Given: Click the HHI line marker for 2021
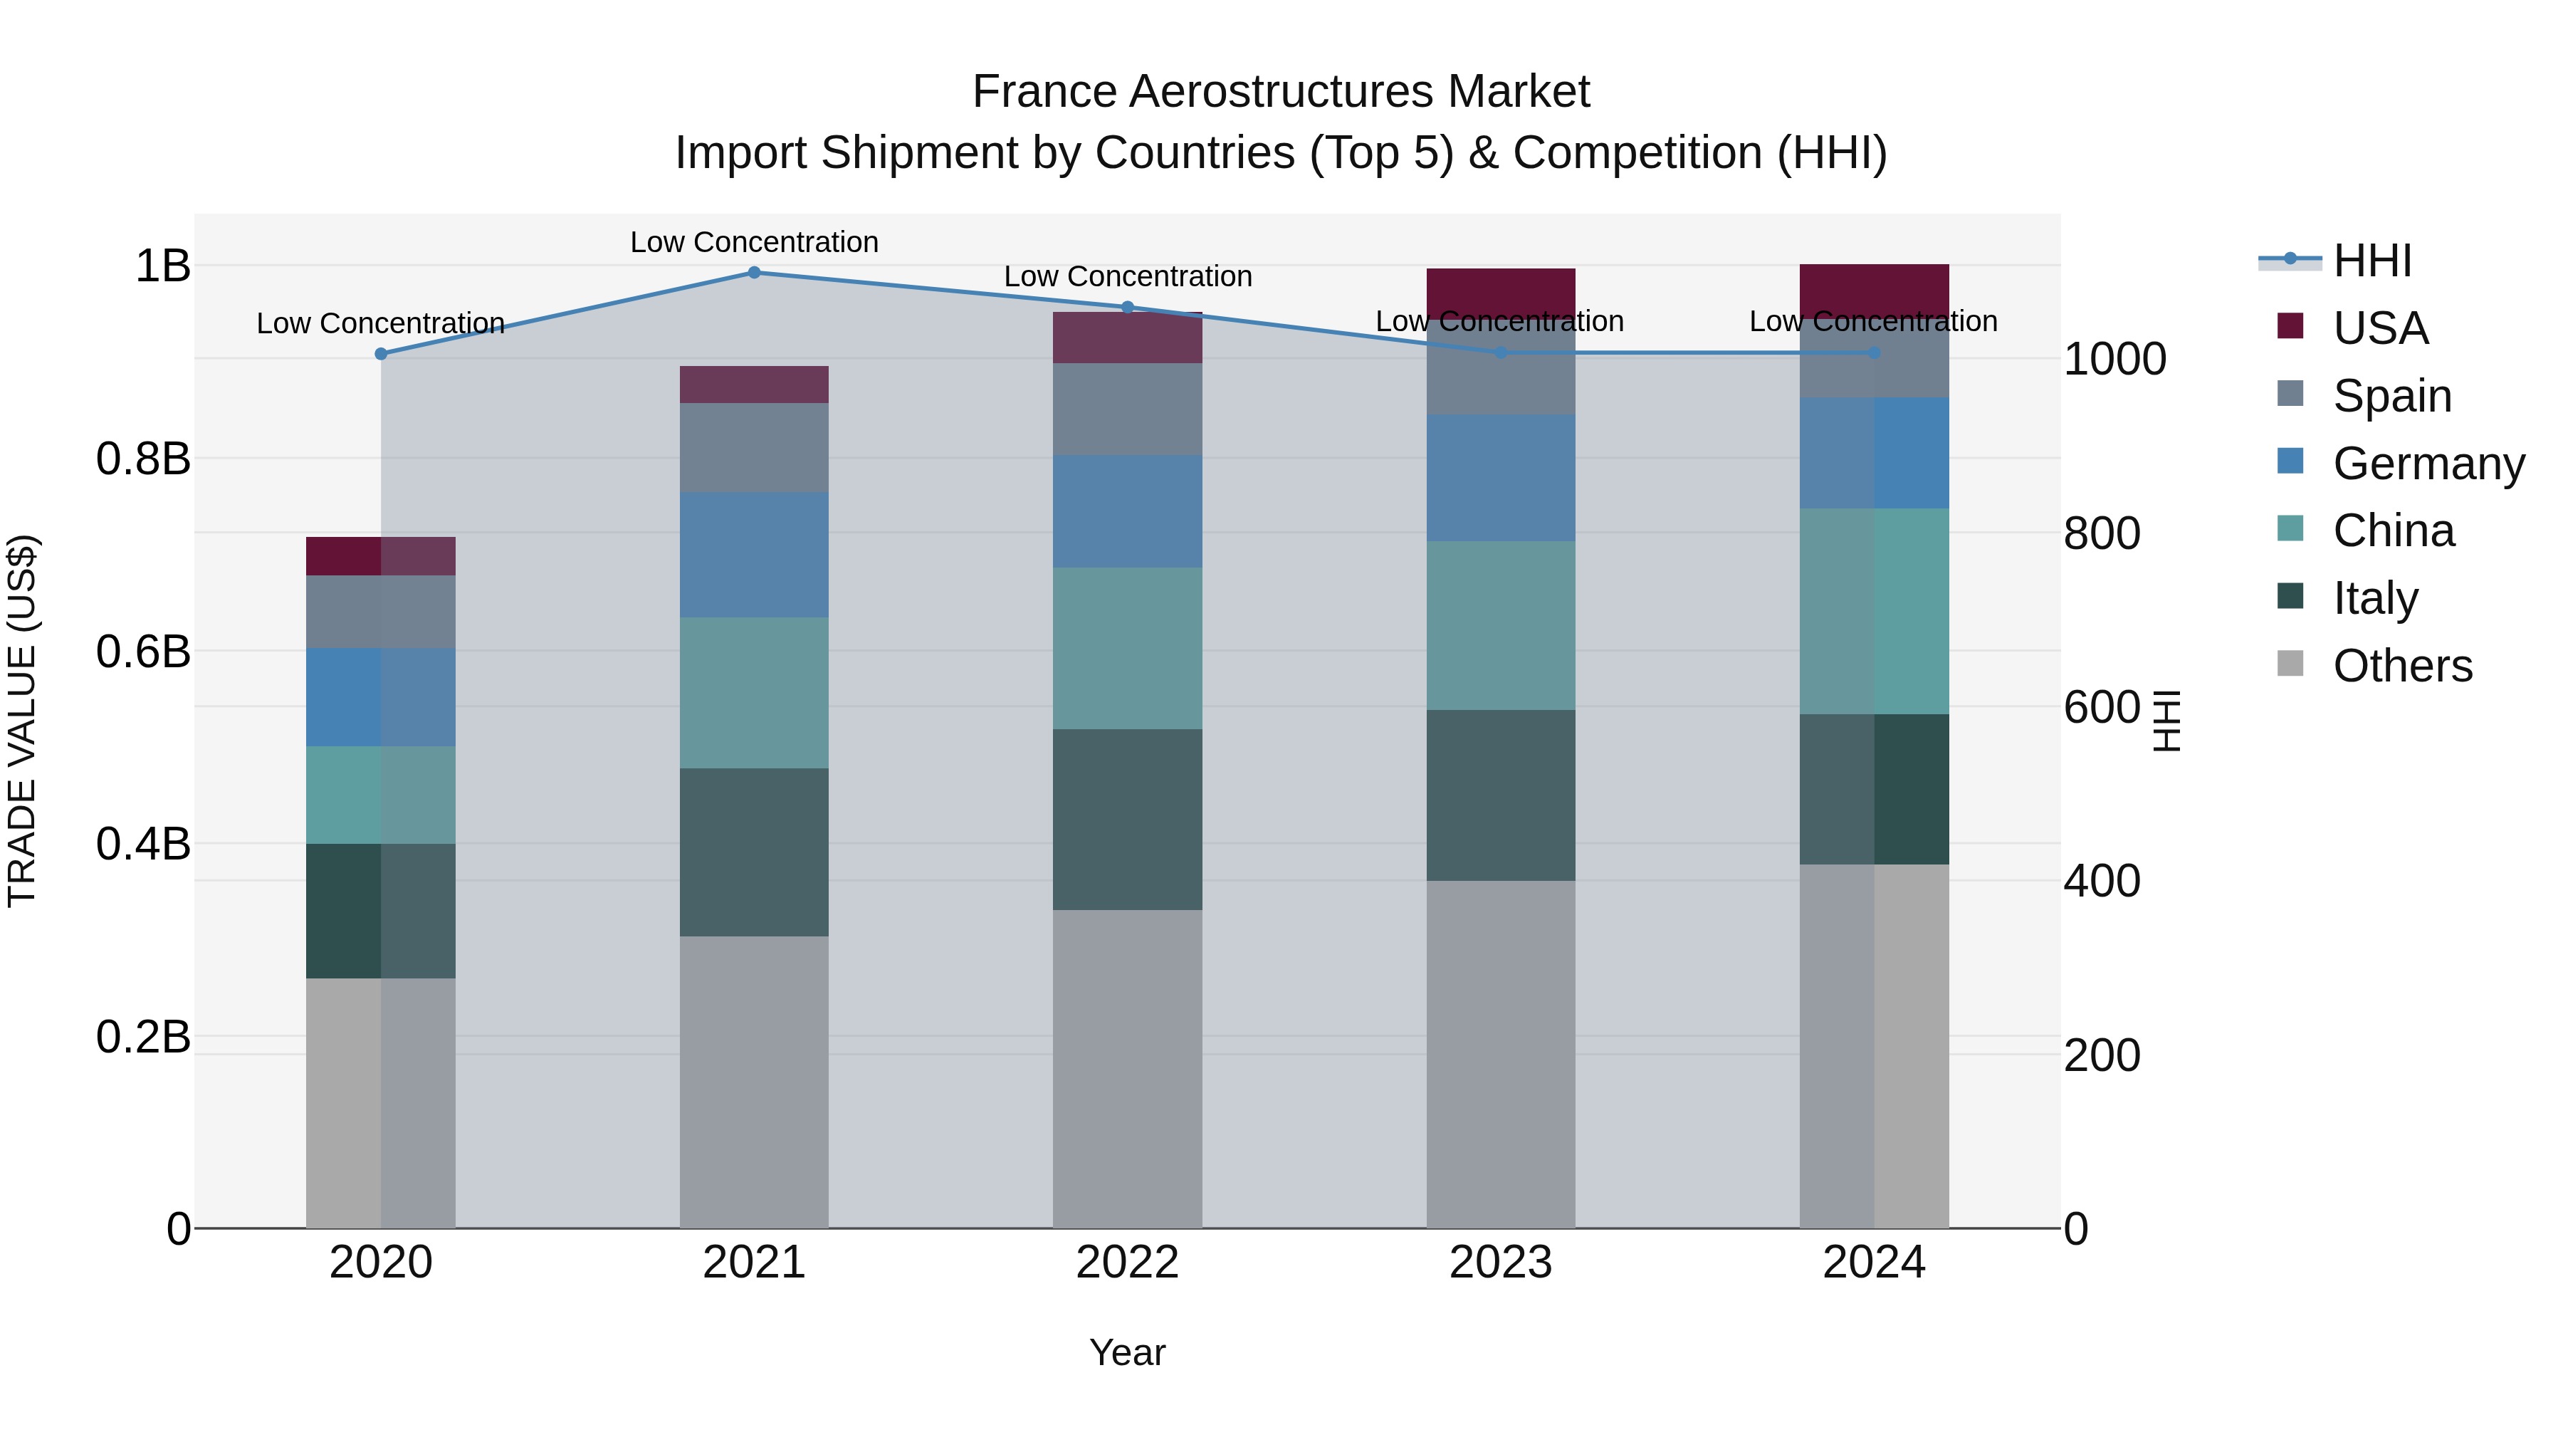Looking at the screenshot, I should pyautogui.click(x=753, y=273).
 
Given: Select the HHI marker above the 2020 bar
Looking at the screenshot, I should pyautogui.click(x=380, y=355).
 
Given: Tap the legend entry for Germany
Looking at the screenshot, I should pyautogui.click(x=2428, y=464).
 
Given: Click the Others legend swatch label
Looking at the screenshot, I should pyautogui.click(x=2402, y=666).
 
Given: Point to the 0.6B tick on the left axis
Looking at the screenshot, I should pyautogui.click(x=143, y=652).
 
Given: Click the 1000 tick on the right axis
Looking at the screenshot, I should pyautogui.click(x=2114, y=360).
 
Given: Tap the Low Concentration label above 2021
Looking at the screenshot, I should pyautogui.click(x=753, y=242).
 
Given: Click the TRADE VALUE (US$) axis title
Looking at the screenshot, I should pyautogui.click(x=22, y=721).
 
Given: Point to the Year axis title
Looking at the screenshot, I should pyautogui.click(x=1126, y=1352).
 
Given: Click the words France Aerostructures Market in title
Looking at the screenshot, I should pyautogui.click(x=1281, y=92).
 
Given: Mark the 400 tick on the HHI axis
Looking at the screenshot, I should pyautogui.click(x=2102, y=882).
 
